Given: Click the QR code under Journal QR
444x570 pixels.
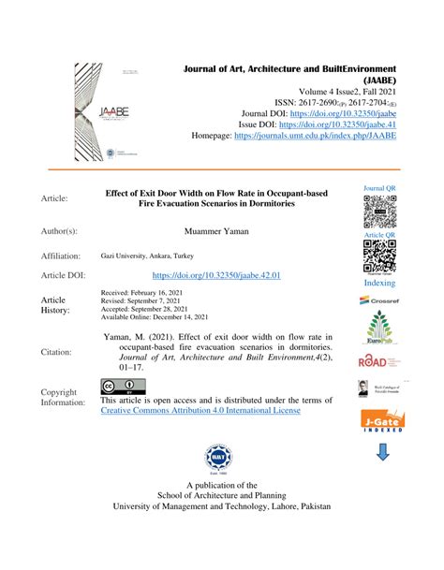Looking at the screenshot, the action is tap(380, 213).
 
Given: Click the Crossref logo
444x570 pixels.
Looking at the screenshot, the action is tap(380, 300).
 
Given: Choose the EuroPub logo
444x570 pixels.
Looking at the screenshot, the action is tap(380, 329).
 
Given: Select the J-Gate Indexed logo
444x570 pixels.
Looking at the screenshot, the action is tap(380, 424).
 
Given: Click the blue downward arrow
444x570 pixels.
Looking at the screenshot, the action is tap(380, 454).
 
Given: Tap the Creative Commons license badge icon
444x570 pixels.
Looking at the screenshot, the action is tap(117, 386).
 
